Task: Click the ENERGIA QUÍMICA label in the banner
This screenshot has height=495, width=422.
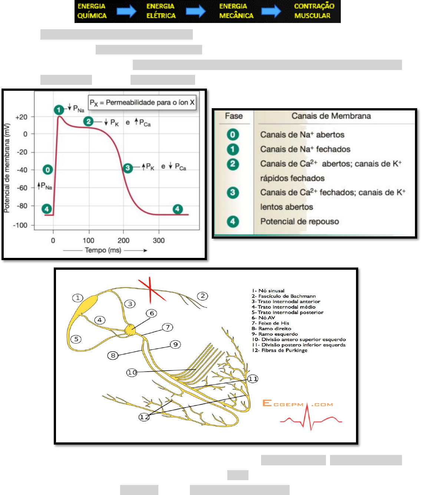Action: tap(92, 11)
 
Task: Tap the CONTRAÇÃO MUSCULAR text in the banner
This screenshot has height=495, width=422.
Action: tap(314, 11)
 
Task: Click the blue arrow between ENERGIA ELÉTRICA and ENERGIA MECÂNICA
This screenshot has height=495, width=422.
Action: tap(195, 11)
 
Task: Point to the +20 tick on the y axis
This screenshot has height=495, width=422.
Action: tap(22, 117)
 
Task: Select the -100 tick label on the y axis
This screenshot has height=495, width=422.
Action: tap(20, 225)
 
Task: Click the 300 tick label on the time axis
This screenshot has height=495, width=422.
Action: tap(159, 240)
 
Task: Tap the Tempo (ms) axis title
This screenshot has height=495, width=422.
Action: tap(103, 250)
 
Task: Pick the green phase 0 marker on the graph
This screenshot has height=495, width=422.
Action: tap(47, 170)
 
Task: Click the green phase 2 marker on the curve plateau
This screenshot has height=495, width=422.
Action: tap(88, 121)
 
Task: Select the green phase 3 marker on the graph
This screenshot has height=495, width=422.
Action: tap(128, 168)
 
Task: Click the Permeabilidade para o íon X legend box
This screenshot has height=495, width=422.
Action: tap(142, 103)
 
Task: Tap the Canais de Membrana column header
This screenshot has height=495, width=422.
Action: tap(331, 116)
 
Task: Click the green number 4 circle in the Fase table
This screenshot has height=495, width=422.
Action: tap(233, 222)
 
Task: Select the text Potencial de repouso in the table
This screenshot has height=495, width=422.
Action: tap(300, 222)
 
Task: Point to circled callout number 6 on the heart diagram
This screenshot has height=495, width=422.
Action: tap(152, 313)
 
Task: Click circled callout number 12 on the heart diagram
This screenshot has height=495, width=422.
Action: tap(144, 417)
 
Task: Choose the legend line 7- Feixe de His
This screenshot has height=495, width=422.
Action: tap(270, 323)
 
